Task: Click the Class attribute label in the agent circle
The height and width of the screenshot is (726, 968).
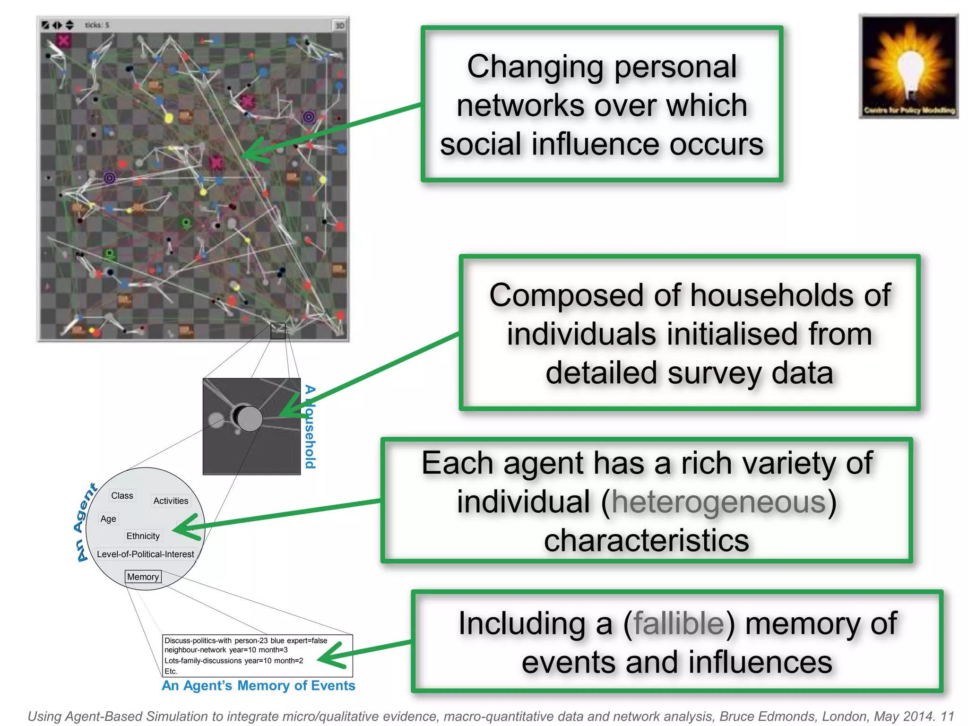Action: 122,495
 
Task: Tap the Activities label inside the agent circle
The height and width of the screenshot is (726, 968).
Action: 171,501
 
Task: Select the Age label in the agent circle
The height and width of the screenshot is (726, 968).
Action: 108,519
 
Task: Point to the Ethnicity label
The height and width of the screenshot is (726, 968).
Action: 143,536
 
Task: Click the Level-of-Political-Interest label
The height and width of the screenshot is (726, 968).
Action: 145,554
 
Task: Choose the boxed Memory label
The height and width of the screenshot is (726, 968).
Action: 143,577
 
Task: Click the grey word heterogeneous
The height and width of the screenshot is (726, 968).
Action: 718,502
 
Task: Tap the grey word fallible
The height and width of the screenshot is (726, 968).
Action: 679,623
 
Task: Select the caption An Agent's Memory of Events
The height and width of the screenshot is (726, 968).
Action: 258,685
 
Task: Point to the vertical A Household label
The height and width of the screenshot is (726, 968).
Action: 310,426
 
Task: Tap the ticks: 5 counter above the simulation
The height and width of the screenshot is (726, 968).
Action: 97,25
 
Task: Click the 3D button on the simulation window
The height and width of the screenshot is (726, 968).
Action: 339,26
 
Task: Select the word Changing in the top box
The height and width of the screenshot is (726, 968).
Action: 535,67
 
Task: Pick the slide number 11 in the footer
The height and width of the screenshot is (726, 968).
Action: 947,716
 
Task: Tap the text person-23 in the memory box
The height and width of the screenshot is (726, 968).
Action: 251,640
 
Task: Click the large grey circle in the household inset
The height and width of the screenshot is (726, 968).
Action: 249,419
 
